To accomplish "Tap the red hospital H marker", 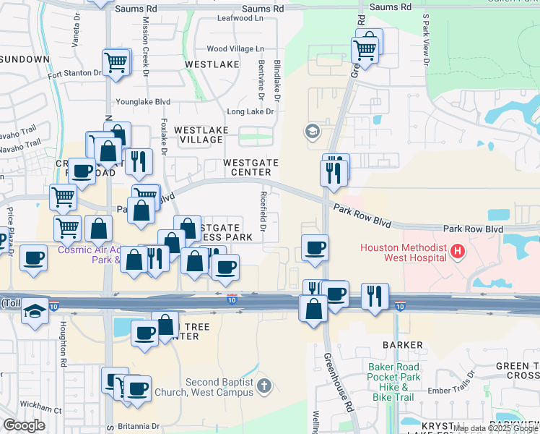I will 456,252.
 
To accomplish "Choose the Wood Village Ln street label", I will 235,49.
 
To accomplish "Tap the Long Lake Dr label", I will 251,111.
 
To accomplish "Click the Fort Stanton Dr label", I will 74,73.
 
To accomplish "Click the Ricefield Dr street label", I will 264,216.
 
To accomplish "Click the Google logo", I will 25,425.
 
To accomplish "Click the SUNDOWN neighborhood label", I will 26,59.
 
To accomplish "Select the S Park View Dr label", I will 426,40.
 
